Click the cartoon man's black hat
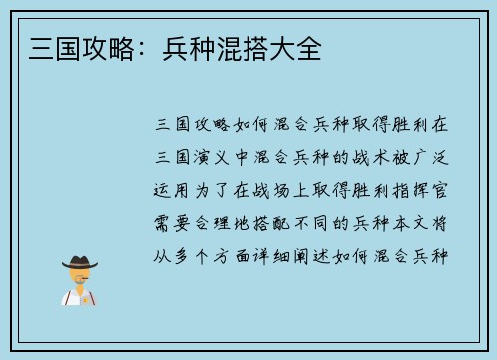pos(80,261)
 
